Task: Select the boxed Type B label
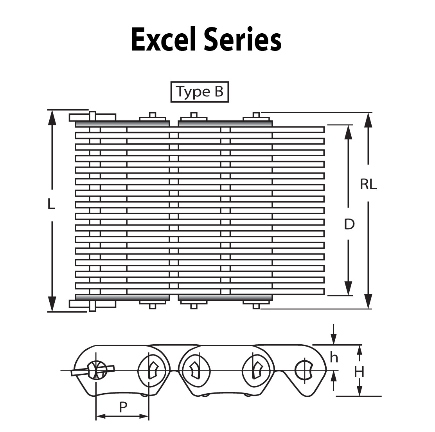click(200, 92)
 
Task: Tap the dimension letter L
click(51, 204)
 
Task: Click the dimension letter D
click(349, 224)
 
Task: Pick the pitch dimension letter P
click(123, 408)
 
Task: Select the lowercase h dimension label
click(334, 357)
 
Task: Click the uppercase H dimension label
click(359, 371)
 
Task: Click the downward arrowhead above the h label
click(333, 339)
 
